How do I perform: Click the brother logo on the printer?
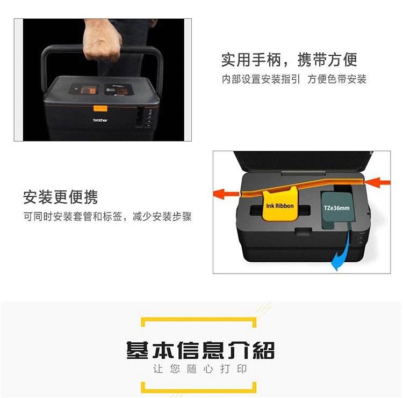click(x=100, y=120)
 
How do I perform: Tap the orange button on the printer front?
click(x=100, y=108)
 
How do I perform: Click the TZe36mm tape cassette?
click(x=337, y=210)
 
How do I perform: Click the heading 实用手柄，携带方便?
click(x=289, y=60)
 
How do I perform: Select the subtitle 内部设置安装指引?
click(x=261, y=79)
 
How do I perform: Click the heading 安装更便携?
click(x=60, y=197)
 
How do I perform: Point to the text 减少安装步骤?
click(x=162, y=217)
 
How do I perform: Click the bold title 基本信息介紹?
click(x=201, y=350)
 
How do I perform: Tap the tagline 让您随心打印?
click(x=200, y=369)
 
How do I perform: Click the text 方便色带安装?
click(x=337, y=79)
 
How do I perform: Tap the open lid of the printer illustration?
click(x=303, y=161)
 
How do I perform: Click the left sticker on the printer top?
click(x=84, y=89)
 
